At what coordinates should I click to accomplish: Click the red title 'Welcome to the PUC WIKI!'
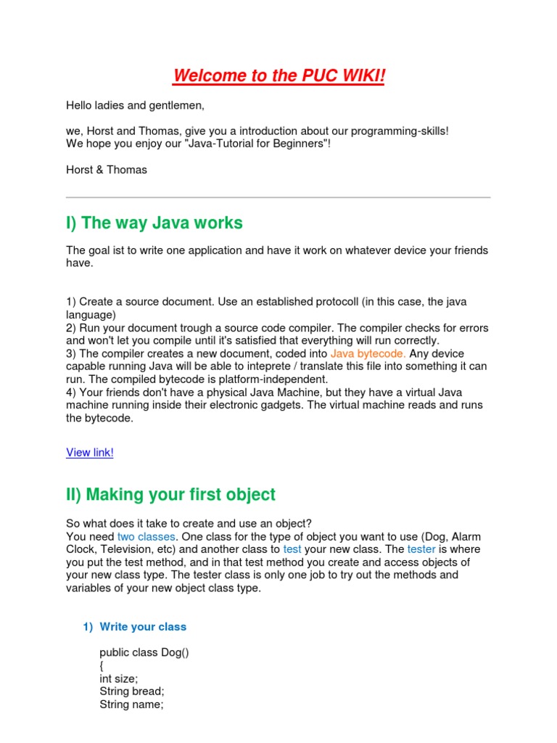pos(279,75)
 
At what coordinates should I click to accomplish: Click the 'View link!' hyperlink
pos(90,453)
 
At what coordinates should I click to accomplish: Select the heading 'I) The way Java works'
pos(154,223)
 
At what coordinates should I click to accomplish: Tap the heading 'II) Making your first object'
pos(170,495)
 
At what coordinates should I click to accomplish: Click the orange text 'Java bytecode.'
pos(368,354)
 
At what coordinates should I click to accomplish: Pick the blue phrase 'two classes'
pos(147,536)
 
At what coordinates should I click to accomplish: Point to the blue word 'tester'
pos(421,549)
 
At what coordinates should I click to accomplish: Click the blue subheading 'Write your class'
pos(143,627)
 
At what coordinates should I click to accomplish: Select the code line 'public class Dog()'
pos(144,652)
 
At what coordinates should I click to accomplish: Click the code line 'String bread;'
pos(132,691)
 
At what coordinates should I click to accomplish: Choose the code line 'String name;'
pos(131,705)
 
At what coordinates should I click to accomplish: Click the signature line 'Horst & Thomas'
pos(107,170)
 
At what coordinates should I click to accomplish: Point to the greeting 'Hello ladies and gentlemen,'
pos(136,106)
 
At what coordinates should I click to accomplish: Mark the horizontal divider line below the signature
pos(278,197)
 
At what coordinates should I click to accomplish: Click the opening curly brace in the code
pos(102,665)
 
